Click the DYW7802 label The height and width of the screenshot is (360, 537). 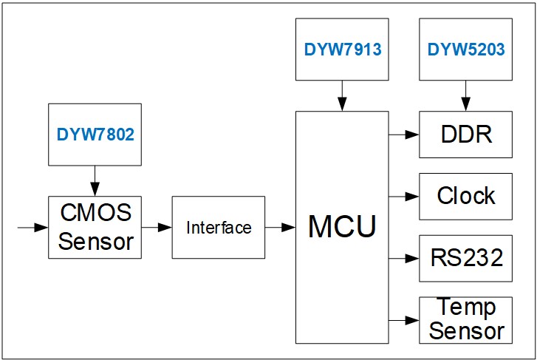tap(95, 135)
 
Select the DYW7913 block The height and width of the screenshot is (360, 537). tap(341, 50)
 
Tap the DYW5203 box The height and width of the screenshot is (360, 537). tap(465, 50)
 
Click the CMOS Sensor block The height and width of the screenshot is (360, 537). tap(95, 227)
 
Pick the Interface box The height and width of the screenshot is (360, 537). tap(218, 227)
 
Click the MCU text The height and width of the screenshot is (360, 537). tap(341, 226)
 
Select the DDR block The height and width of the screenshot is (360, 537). tap(465, 135)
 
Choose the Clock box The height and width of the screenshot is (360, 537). tap(465, 196)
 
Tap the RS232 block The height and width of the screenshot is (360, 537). tap(465, 258)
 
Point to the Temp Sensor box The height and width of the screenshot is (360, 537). tap(465, 319)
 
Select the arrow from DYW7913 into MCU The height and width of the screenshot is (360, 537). tap(341, 96)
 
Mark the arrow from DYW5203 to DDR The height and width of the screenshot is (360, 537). tap(465, 96)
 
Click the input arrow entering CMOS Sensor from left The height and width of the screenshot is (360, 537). tap(33, 228)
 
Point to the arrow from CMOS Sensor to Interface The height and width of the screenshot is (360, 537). tap(156, 228)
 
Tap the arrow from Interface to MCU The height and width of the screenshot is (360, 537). tap(280, 228)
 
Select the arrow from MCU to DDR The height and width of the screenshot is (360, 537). tap(403, 135)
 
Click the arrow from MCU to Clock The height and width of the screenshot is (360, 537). tap(403, 197)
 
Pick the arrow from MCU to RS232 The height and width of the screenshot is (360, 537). tap(403, 258)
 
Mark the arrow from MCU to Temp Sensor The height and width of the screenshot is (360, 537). tap(403, 320)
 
